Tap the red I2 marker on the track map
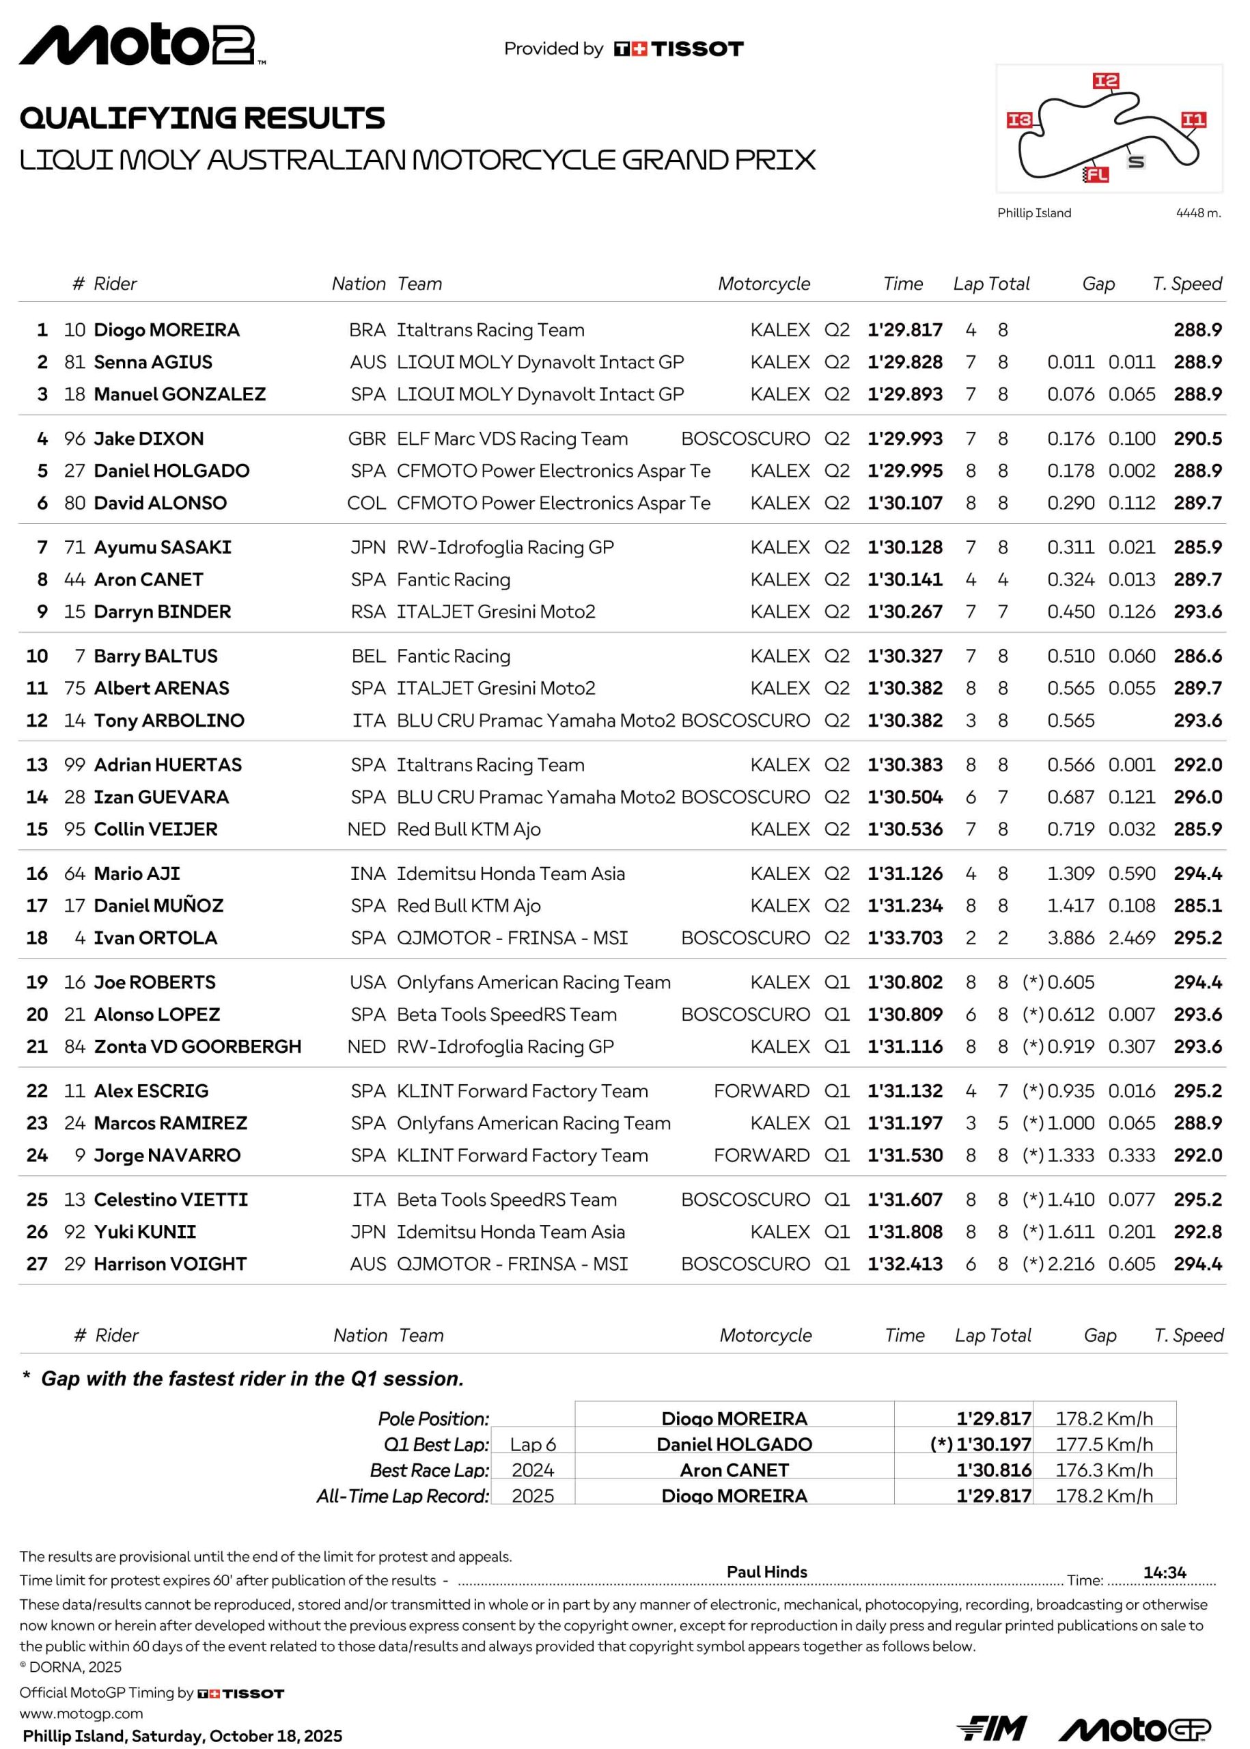[x=1105, y=81]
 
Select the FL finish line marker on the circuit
[x=1096, y=175]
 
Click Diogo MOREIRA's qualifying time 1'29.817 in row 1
[x=904, y=330]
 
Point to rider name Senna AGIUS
[x=152, y=362]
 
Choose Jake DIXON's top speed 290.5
[x=1197, y=439]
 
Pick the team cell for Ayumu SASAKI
[x=505, y=547]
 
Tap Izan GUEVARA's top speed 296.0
[x=1197, y=797]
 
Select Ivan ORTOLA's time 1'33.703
[x=904, y=937]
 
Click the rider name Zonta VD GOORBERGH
[x=197, y=1046]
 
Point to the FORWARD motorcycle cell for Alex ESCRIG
[x=761, y=1091]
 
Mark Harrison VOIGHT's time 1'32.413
[x=904, y=1263]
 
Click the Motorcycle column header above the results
[x=764, y=284]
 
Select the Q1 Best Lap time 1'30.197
[x=993, y=1444]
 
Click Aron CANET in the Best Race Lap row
[x=734, y=1470]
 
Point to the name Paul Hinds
[x=766, y=1571]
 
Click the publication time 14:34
[x=1164, y=1572]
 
